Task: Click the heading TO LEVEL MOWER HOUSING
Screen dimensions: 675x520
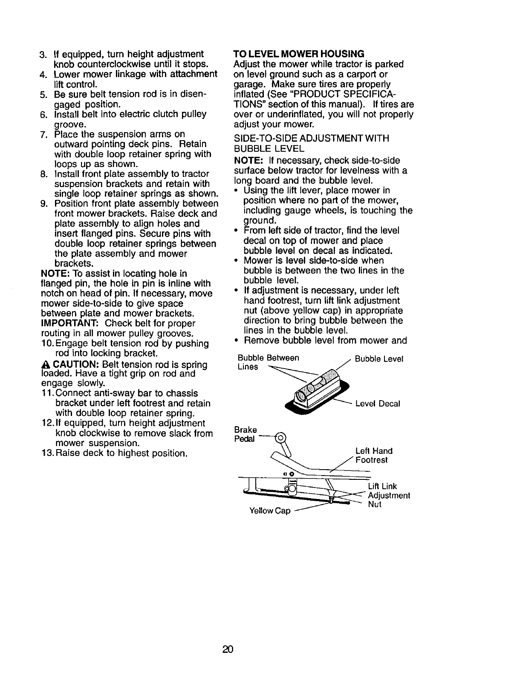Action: (x=299, y=54)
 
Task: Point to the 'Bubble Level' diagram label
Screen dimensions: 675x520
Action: (x=379, y=359)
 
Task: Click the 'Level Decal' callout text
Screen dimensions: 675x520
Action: (x=378, y=403)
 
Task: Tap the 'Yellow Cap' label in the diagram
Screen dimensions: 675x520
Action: (x=269, y=511)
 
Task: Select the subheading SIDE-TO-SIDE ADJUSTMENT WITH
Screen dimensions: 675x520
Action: (x=312, y=138)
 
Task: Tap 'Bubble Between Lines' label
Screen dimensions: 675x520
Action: (x=268, y=362)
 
